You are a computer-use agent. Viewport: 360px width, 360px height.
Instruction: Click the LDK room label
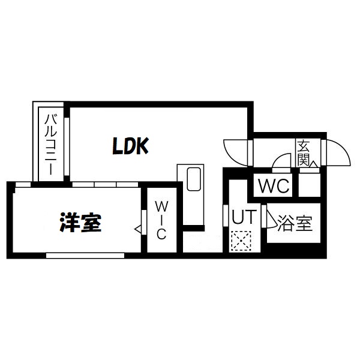point(130,146)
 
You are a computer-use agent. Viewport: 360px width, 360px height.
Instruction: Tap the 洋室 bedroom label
point(80,223)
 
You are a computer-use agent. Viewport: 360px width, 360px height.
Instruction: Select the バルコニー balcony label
point(50,144)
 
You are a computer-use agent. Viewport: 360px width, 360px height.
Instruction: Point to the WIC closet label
point(161,220)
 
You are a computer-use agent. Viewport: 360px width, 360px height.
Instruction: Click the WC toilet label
point(274,186)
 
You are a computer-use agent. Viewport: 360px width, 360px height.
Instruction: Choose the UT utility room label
point(244,217)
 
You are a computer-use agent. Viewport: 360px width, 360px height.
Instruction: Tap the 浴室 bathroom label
point(295,223)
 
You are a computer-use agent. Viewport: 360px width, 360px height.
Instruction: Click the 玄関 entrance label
point(303,153)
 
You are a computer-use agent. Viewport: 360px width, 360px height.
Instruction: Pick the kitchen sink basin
point(194,179)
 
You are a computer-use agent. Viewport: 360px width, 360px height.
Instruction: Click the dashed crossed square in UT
point(241,241)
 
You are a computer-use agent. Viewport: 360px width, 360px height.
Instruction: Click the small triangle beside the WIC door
point(138,229)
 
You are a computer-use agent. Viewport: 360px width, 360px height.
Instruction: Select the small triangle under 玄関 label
point(314,164)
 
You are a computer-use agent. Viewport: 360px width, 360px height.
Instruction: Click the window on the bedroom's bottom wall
point(85,256)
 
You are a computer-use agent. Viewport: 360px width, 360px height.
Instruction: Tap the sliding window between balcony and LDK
point(67,147)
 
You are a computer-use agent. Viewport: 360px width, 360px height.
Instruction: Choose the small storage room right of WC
point(309,185)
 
